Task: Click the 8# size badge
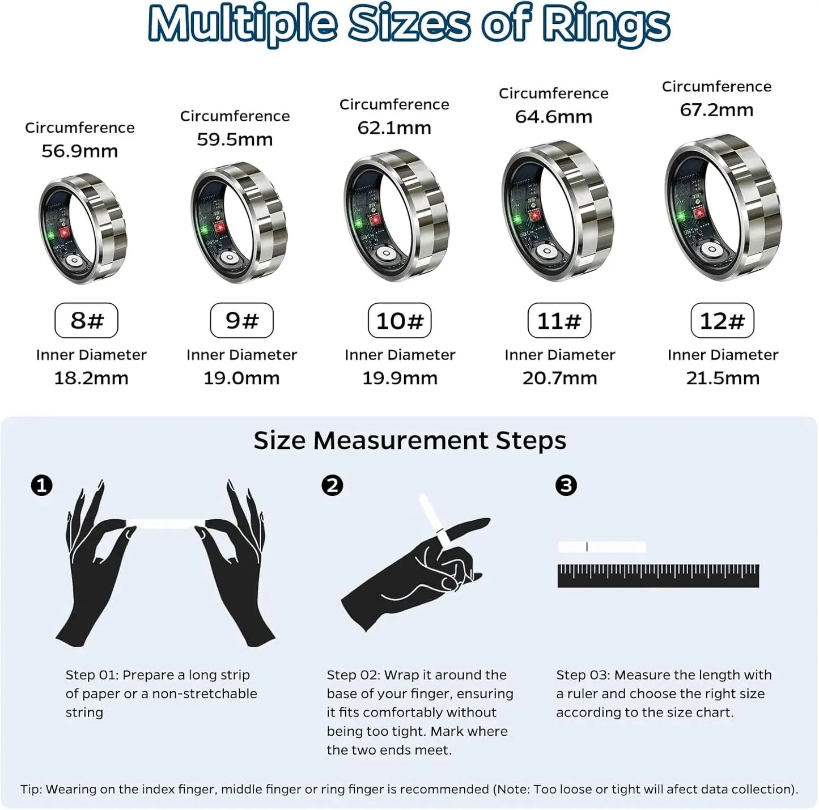[x=86, y=320]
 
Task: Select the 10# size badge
[x=400, y=321]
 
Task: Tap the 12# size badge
[x=722, y=321]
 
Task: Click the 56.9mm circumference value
[x=80, y=151]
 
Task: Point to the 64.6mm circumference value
[x=554, y=117]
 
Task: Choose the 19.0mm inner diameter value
[x=241, y=378]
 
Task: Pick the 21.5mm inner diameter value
[x=723, y=378]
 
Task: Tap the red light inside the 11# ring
[x=533, y=215]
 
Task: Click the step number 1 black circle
[x=41, y=486]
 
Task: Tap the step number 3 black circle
[x=566, y=486]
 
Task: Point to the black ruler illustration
[x=658, y=575]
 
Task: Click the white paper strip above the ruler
[x=601, y=547]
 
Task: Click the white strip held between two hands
[x=164, y=524]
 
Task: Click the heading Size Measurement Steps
[x=409, y=440]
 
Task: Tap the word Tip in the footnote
[x=31, y=789]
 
